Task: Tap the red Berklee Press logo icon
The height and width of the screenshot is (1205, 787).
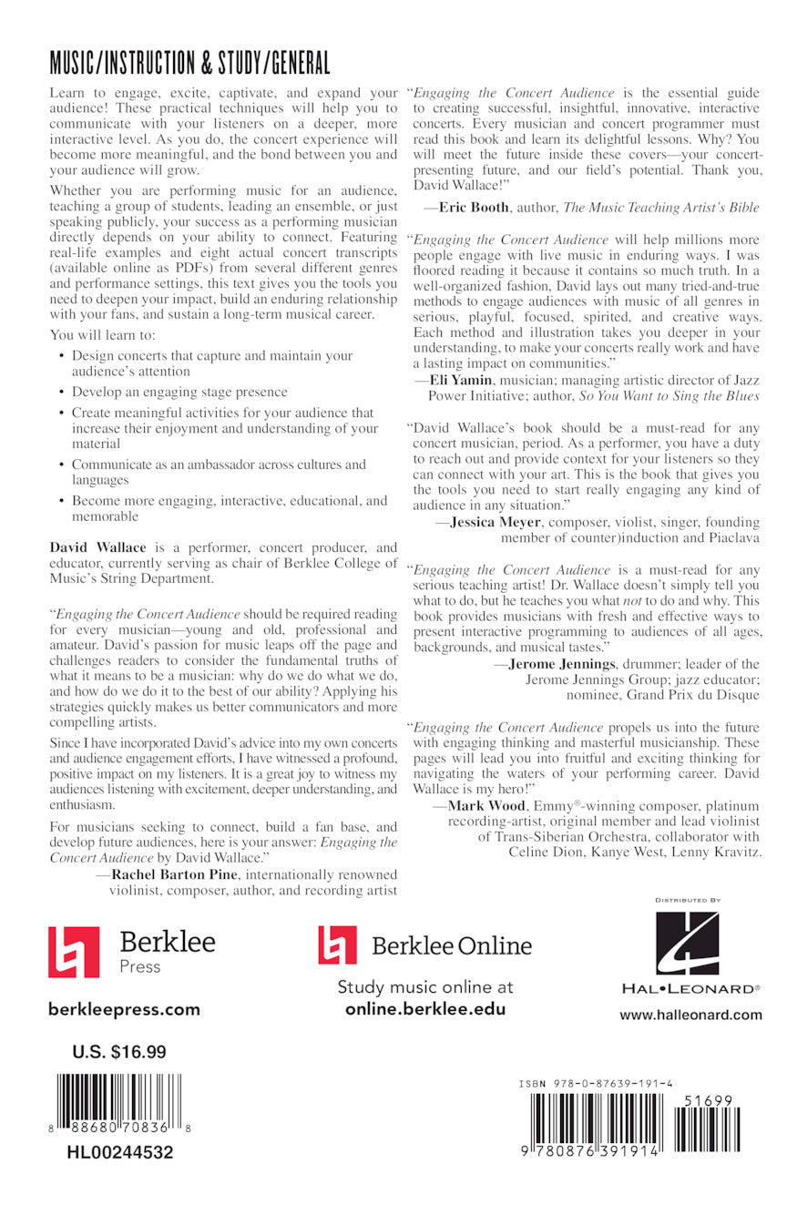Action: [74, 952]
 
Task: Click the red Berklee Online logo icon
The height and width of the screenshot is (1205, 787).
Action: [337, 945]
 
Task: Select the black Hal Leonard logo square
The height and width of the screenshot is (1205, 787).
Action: [688, 943]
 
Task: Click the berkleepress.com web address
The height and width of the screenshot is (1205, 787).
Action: [124, 1009]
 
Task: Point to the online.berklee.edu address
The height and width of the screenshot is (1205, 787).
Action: [424, 1009]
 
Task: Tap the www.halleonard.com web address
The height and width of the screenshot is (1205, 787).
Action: [690, 1015]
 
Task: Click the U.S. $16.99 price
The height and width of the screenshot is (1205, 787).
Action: [119, 1052]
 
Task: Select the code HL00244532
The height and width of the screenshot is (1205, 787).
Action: [119, 1152]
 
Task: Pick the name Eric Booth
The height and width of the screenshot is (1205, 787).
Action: [474, 208]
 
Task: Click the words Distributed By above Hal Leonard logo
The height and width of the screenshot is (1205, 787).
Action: [688, 900]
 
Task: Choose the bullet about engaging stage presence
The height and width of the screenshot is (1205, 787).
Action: [179, 392]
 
